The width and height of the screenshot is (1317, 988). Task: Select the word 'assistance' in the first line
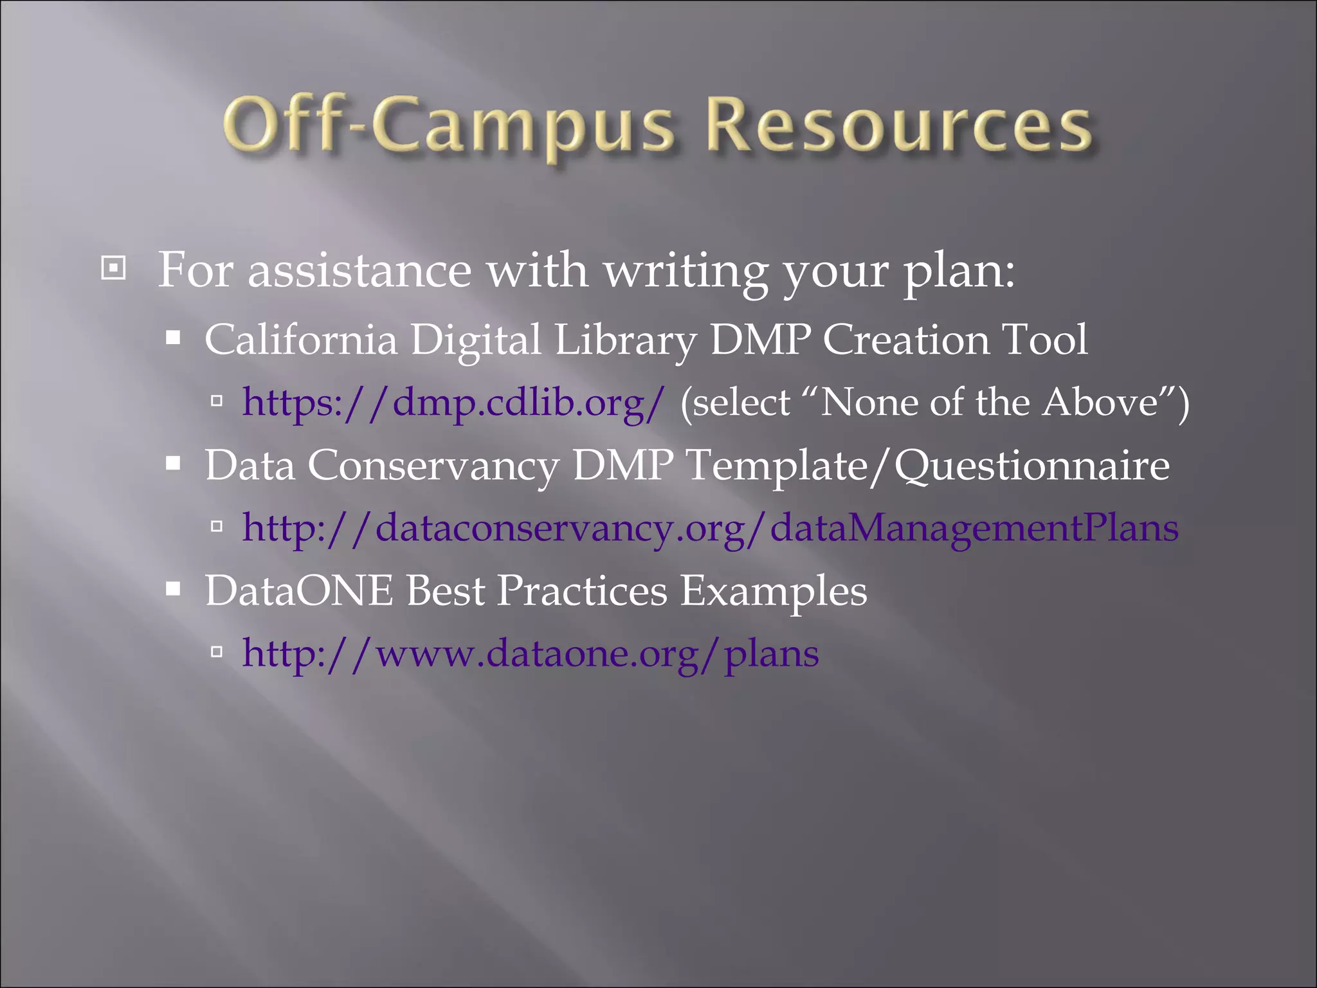coord(359,270)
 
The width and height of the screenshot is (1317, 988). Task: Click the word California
coord(300,339)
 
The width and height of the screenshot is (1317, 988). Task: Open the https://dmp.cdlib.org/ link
coord(453,403)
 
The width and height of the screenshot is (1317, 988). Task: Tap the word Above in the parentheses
coord(1100,403)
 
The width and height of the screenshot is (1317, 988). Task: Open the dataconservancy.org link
coord(710,528)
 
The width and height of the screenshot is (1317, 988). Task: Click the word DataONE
coord(298,590)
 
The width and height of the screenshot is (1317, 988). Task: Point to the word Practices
coord(582,590)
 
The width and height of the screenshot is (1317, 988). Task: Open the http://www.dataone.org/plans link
coord(531,654)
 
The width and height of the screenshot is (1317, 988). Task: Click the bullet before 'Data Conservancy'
coord(173,463)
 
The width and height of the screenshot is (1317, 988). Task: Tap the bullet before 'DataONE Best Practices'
coord(173,589)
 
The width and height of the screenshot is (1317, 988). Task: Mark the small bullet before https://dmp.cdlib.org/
coord(217,401)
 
